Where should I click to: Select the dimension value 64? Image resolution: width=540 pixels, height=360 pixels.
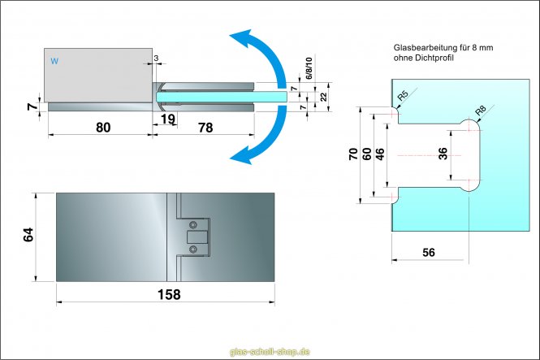[x=28, y=236]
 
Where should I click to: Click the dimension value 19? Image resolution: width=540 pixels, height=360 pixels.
[x=167, y=120]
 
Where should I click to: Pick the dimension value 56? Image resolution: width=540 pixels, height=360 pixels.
[x=429, y=253]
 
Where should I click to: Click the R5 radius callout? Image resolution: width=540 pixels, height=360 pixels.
[x=403, y=98]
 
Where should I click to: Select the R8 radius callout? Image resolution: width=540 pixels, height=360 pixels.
[x=480, y=110]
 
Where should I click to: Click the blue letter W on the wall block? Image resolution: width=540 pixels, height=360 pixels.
[x=54, y=61]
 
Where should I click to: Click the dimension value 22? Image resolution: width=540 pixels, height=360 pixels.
[x=322, y=97]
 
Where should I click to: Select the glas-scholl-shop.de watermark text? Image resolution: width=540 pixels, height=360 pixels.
[x=270, y=351]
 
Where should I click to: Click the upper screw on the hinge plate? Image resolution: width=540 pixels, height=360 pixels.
[x=192, y=225]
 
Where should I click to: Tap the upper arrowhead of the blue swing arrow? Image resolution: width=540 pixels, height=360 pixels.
[x=236, y=38]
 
